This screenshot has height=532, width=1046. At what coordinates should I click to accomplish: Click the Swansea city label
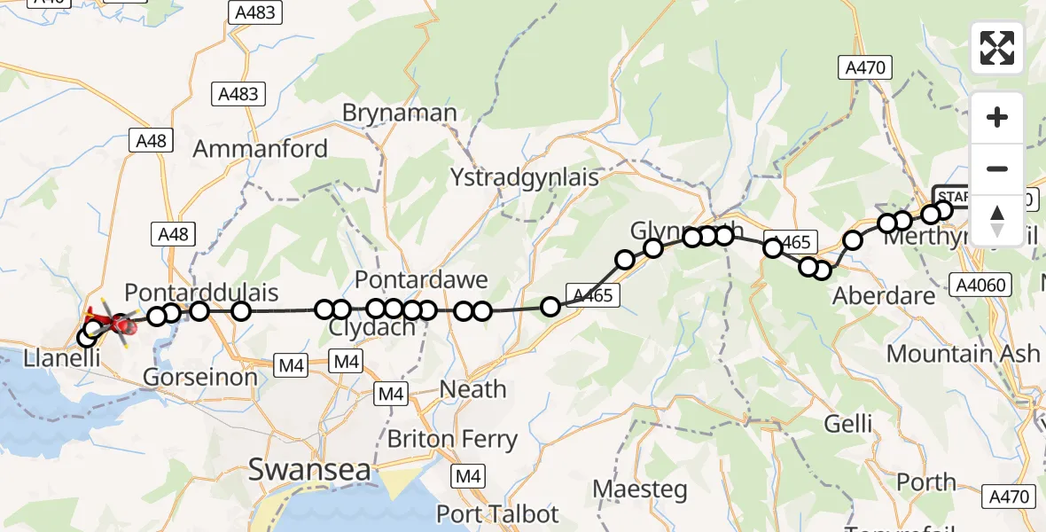tap(309, 470)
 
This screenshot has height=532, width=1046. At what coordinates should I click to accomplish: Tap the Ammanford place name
tap(260, 148)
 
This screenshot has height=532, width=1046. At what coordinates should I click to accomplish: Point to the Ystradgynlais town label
tap(524, 176)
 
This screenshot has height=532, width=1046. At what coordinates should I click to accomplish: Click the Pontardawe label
tap(421, 280)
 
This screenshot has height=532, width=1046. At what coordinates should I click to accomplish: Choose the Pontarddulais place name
tap(201, 292)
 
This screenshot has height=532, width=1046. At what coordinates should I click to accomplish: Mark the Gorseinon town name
tap(200, 377)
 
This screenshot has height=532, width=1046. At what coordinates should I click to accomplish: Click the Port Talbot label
tap(497, 513)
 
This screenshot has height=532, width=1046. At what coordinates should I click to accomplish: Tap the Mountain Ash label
tap(963, 353)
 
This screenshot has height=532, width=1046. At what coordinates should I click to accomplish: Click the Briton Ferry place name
tap(452, 439)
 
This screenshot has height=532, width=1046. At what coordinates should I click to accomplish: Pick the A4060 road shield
tap(982, 285)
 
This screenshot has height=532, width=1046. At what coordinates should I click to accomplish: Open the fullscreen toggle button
tap(997, 48)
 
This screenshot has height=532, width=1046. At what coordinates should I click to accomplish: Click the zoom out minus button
tap(997, 168)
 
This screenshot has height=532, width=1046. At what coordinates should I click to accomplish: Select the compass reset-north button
tap(997, 219)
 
